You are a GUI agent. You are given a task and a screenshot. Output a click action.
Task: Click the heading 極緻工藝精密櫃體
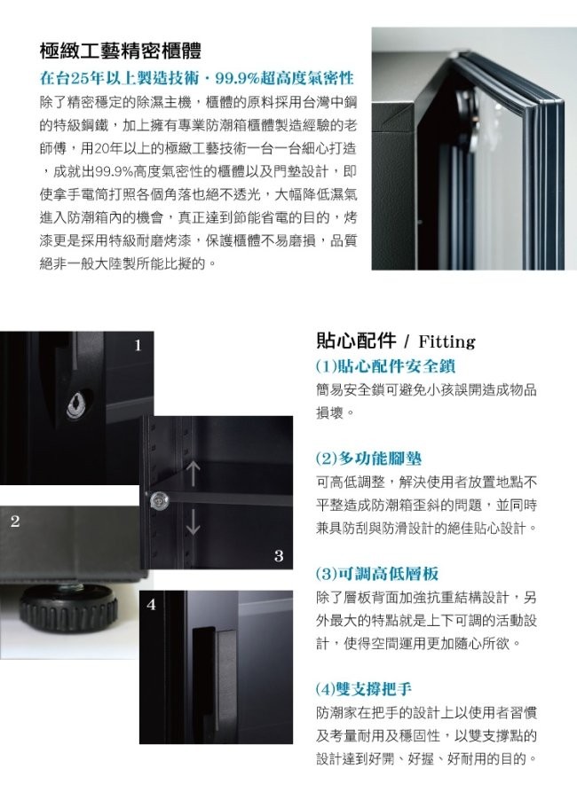click(x=121, y=51)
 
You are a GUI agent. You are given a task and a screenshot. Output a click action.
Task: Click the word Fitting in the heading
click(x=447, y=342)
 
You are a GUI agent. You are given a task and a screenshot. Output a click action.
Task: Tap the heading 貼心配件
click(x=356, y=341)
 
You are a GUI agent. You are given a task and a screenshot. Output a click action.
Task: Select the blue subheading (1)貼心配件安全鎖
click(x=386, y=365)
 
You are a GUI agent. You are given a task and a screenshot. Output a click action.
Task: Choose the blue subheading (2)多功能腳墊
click(x=368, y=459)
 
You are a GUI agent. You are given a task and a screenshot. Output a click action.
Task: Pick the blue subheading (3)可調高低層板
click(x=377, y=573)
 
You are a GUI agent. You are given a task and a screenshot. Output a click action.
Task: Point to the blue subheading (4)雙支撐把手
click(x=364, y=688)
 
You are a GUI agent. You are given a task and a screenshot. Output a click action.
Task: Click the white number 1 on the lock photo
click(x=138, y=346)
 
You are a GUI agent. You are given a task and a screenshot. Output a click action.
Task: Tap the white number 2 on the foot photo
click(x=15, y=521)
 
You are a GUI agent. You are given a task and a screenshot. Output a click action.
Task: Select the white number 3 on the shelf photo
click(x=279, y=555)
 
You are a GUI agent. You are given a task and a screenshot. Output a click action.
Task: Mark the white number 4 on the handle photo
click(x=151, y=604)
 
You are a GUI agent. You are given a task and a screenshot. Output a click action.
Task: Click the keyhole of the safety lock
click(x=75, y=405)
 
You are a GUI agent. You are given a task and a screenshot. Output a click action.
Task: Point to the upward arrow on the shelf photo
click(x=193, y=474)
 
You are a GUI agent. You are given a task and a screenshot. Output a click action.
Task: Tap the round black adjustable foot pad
click(x=68, y=605)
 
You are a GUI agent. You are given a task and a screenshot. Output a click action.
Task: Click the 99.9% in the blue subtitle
click(x=238, y=78)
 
